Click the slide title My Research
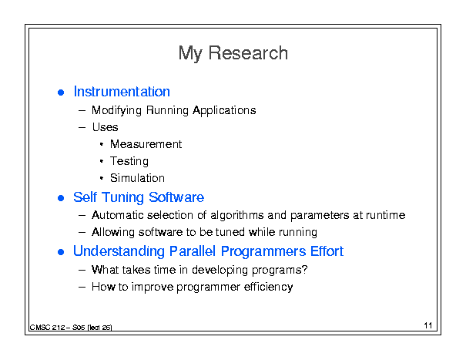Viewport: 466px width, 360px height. (233, 53)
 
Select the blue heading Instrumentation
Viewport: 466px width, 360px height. (122, 92)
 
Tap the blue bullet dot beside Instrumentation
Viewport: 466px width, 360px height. (61, 93)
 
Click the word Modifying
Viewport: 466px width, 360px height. (116, 111)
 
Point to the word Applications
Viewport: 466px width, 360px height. (224, 111)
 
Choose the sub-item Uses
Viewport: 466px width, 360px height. (106, 127)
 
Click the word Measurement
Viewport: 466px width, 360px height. (146, 144)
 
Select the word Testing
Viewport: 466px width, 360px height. (129, 162)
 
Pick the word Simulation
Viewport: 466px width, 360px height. (137, 178)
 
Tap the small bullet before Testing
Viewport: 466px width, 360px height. (102, 161)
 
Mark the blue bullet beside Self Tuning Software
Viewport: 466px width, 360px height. (61, 198)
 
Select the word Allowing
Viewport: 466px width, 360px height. (113, 232)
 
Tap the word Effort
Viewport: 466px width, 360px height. (327, 251)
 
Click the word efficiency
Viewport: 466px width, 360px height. (268, 287)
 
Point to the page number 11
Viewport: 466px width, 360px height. (428, 325)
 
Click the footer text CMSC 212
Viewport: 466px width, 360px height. (47, 328)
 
